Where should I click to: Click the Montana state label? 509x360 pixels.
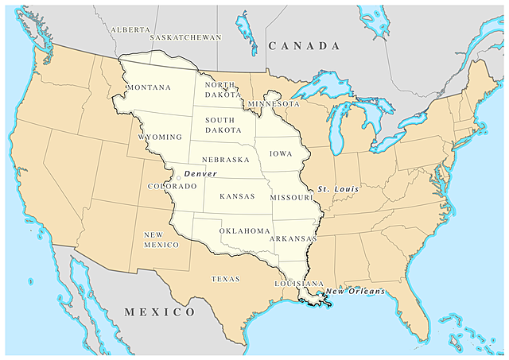[x=149, y=87]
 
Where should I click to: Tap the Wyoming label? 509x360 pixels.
[x=160, y=137]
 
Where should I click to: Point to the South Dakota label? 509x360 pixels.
[x=223, y=125]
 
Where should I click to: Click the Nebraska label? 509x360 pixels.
[x=226, y=160]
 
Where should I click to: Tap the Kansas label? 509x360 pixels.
[x=236, y=195]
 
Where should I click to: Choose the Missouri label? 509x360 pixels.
[x=292, y=197]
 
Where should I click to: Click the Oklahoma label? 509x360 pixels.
[x=245, y=230]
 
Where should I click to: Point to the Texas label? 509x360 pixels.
[x=225, y=279]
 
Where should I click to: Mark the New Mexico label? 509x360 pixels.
[x=161, y=240]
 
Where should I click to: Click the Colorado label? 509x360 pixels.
[x=172, y=186]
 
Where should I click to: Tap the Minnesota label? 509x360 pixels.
[x=274, y=104]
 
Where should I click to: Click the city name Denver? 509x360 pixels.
[x=200, y=173]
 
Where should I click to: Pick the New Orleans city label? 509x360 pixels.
[x=356, y=292]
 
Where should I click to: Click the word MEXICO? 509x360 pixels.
[x=160, y=312]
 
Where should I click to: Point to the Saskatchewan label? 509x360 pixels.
[x=185, y=37]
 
